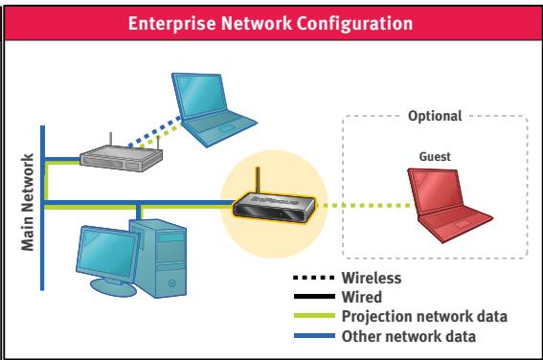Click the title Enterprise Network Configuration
click(271, 20)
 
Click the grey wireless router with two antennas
click(118, 154)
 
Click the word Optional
click(434, 116)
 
